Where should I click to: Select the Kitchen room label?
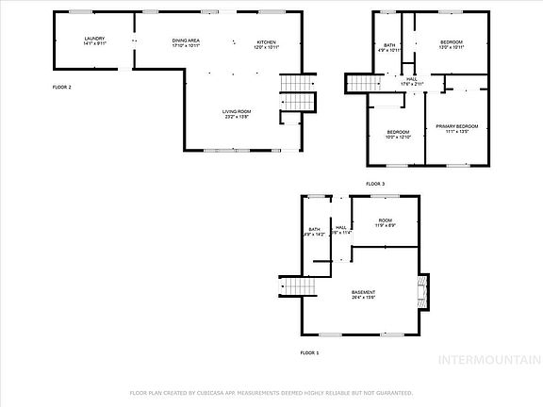[267, 43]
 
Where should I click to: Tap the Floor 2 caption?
[61, 87]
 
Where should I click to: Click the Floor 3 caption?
[375, 183]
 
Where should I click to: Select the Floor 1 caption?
[309, 352]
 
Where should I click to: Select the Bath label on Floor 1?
[315, 231]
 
